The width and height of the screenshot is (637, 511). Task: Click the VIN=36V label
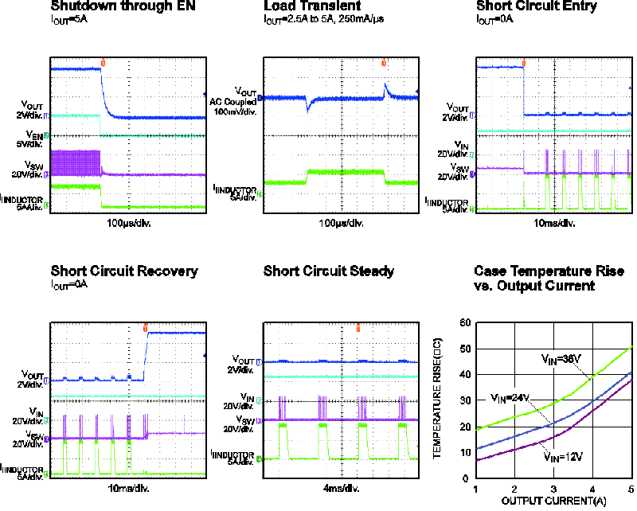click(x=564, y=360)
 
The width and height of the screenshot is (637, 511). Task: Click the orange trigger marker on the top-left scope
click(x=103, y=62)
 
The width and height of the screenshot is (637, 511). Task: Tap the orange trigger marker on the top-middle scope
click(x=384, y=62)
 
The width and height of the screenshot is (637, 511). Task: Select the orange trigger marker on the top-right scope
click(x=524, y=62)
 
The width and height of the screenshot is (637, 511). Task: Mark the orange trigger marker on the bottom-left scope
click(x=145, y=327)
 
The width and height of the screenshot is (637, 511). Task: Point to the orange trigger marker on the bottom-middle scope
click(x=358, y=327)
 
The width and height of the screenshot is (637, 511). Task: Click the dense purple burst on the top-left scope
click(x=76, y=162)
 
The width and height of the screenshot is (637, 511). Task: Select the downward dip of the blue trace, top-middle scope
click(x=308, y=107)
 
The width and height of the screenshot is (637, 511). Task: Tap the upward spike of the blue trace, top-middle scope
click(x=385, y=87)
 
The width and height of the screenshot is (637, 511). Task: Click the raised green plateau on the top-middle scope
click(x=346, y=172)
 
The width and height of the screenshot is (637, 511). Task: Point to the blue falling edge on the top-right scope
click(x=524, y=92)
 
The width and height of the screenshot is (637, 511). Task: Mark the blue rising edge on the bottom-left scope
click(x=145, y=356)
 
